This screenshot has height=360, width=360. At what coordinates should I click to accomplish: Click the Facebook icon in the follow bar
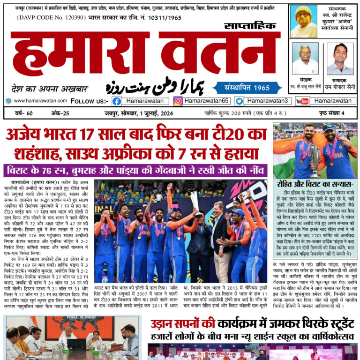coord(117,101)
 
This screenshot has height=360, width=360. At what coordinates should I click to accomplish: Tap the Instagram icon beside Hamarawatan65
coord(178,101)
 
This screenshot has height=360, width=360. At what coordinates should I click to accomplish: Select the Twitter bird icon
coord(239,101)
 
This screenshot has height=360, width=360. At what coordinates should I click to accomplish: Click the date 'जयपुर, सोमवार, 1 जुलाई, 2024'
coord(134,113)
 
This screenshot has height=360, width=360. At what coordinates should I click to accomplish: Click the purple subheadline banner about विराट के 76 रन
coord(135,170)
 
